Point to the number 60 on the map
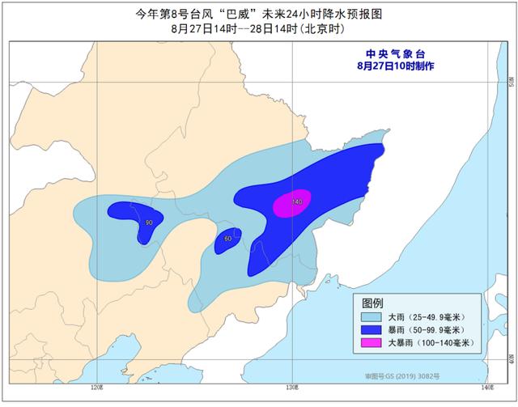pos(227,239)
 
